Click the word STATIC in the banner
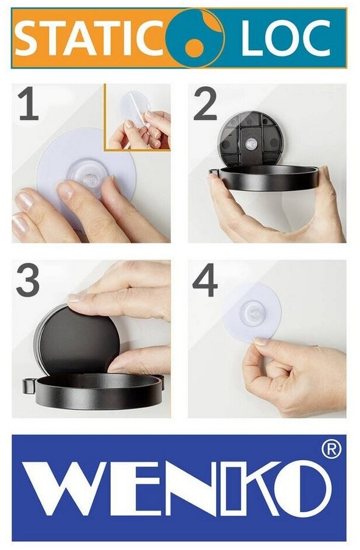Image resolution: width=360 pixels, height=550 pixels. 89,38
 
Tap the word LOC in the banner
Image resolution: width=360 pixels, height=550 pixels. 285,38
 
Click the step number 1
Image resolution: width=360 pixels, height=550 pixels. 29,104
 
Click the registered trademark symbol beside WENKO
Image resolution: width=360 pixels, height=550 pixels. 331,450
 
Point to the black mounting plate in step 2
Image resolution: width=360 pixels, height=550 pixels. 251,139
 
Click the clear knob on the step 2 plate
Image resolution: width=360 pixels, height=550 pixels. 251,143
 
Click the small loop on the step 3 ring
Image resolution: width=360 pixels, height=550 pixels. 29,386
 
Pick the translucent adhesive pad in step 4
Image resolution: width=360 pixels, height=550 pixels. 252,312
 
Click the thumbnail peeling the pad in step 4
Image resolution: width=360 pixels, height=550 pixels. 261,341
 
